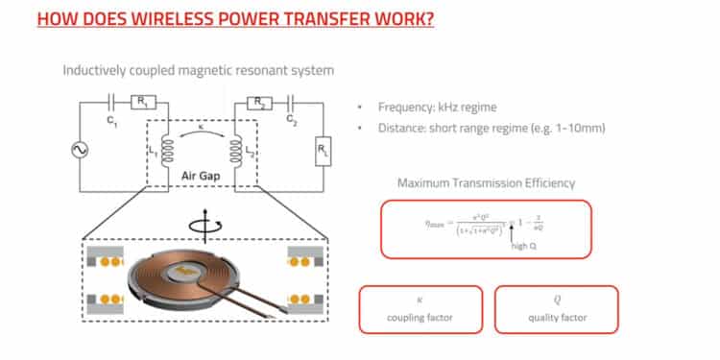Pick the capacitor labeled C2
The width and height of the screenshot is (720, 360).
pyautogui.click(x=290, y=100)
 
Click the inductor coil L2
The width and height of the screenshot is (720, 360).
pyautogui.click(x=230, y=151)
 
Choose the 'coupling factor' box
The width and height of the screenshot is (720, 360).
pyautogui.click(x=420, y=308)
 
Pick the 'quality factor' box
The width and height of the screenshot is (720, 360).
pyautogui.click(x=557, y=308)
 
